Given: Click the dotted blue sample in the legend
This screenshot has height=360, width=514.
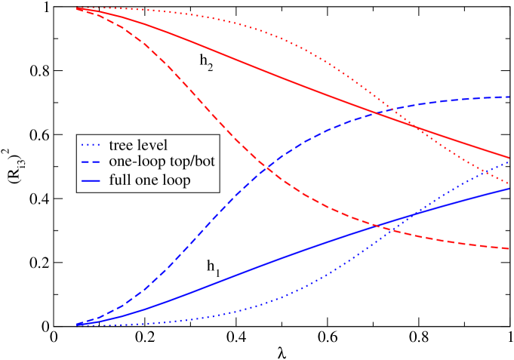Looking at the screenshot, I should [x=91, y=144].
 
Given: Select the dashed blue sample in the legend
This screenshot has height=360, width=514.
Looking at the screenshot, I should [x=91, y=162].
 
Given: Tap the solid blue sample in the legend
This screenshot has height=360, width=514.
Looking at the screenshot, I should [x=91, y=181].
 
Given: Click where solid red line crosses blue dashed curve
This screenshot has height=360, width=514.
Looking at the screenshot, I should [x=371, y=112].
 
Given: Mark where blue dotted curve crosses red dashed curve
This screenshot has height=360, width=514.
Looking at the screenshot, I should [x=392, y=229].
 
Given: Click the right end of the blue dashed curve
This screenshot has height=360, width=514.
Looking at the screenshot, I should [x=509, y=97].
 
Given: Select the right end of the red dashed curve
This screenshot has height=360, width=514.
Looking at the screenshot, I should [x=509, y=248].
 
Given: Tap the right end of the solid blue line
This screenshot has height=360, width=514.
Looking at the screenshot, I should [x=509, y=188].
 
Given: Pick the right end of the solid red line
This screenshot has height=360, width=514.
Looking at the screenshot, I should [x=509, y=157].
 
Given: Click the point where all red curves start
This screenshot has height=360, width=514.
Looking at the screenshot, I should [x=77, y=9].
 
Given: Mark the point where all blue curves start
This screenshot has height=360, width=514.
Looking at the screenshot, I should [x=77, y=325].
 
